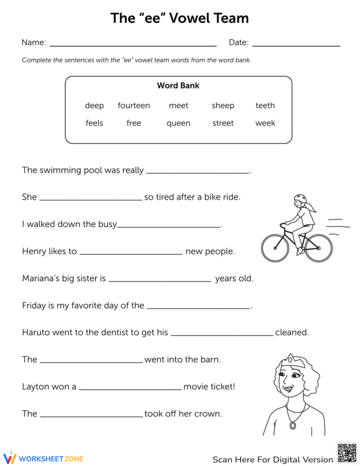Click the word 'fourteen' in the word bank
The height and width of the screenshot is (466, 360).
(x=134, y=105)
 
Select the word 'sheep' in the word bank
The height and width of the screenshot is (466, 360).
(x=223, y=105)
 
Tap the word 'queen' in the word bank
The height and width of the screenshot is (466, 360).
(x=178, y=123)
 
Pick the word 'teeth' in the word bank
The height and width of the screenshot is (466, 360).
(x=265, y=105)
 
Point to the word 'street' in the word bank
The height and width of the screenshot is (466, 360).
(x=223, y=123)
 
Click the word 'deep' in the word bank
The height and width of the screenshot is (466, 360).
(x=94, y=105)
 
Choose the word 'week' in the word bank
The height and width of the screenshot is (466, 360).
(x=265, y=123)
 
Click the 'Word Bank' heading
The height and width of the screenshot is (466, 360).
(x=178, y=85)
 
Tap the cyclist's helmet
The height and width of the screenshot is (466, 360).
(x=300, y=199)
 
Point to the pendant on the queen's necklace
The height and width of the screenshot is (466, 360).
(x=293, y=426)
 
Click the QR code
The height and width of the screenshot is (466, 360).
(x=346, y=452)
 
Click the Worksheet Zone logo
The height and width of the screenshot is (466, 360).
(x=43, y=458)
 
